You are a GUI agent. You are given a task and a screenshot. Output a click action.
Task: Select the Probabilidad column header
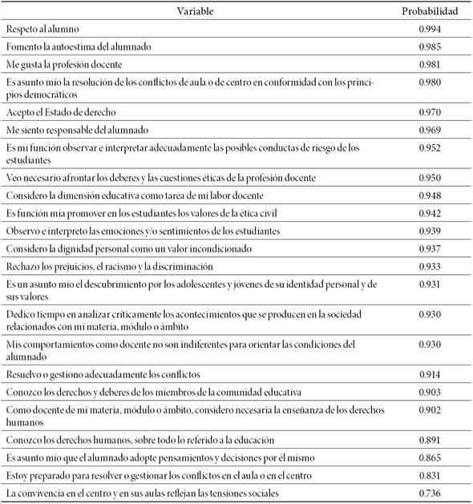click(430, 12)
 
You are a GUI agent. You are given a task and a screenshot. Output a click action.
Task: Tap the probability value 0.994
click(430, 30)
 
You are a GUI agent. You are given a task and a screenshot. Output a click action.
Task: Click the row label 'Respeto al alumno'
click(39, 30)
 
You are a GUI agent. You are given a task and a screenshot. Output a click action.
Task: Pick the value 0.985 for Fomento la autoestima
click(430, 46)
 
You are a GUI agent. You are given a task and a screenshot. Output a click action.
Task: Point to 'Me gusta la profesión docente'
click(63, 64)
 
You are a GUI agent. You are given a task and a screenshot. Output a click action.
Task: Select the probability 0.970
click(430, 111)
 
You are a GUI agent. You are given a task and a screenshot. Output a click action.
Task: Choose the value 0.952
click(430, 147)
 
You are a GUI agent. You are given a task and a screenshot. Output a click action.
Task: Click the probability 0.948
click(430, 195)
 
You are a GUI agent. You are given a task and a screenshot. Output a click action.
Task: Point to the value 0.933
click(430, 266)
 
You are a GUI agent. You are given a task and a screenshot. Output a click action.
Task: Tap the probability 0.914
click(430, 374)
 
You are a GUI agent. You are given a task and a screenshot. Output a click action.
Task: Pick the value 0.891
click(430, 439)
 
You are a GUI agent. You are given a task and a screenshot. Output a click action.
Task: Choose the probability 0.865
click(430, 457)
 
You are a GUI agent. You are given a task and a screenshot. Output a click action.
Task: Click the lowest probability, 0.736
click(430, 493)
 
